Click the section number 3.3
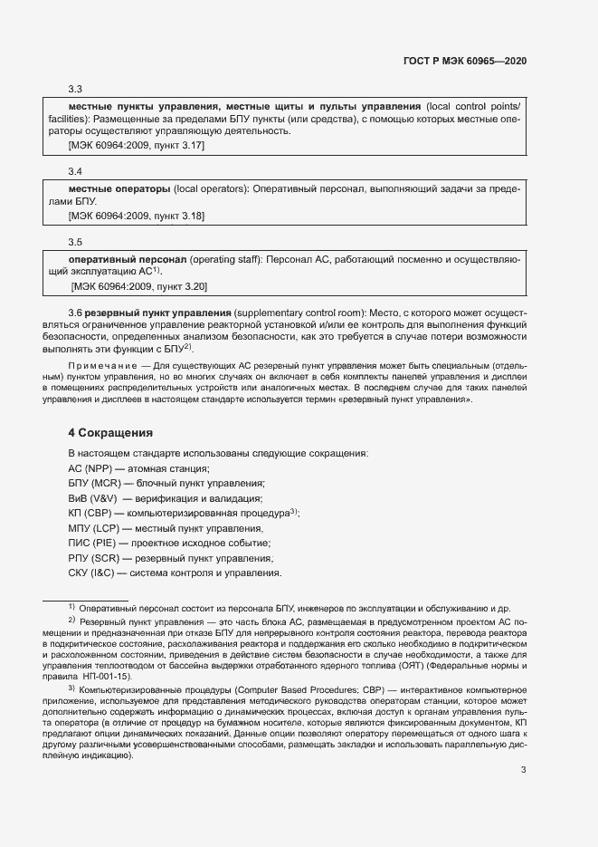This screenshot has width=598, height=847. [x=76, y=90]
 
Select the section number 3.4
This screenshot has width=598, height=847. [x=76, y=171]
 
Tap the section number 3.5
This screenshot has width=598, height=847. [x=76, y=242]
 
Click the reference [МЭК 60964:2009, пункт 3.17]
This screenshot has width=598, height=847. [x=137, y=145]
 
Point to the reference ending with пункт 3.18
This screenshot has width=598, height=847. [x=137, y=216]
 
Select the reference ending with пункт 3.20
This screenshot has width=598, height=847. [x=138, y=286]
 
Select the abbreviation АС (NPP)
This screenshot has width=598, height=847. [x=88, y=468]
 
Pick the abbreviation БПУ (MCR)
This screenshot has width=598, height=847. [x=94, y=484]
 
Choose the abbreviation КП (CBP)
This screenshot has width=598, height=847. [x=90, y=514]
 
